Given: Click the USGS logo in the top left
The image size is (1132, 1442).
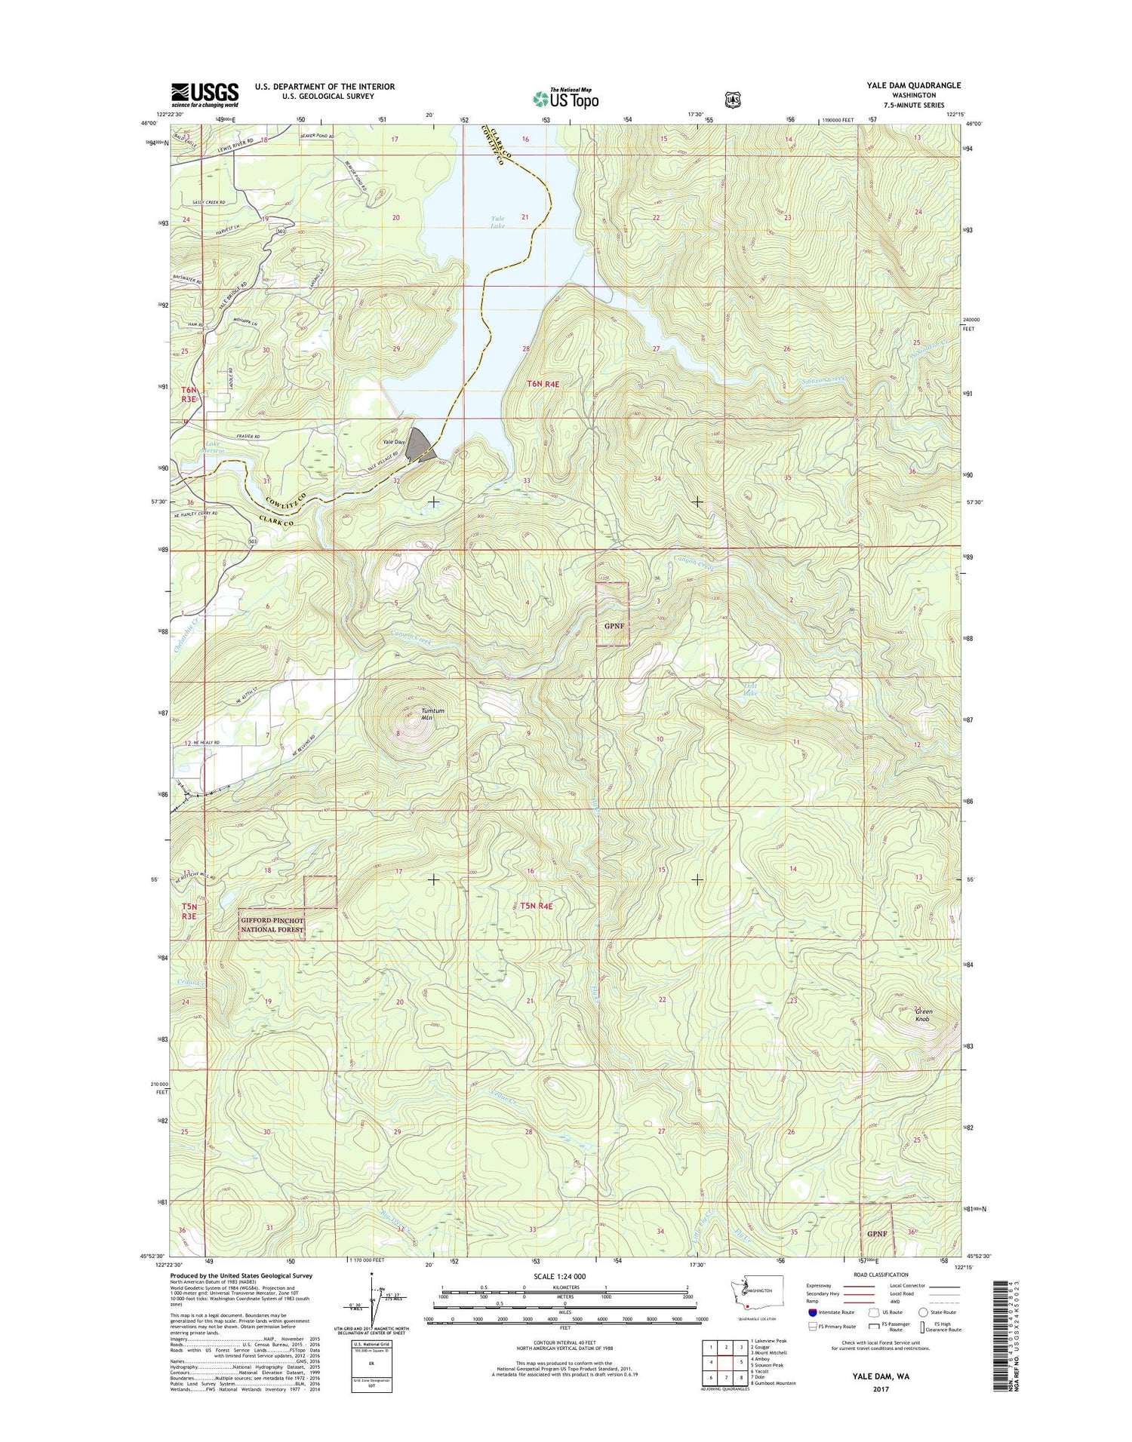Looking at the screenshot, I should coord(205,94).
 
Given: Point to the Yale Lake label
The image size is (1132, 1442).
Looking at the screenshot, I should coord(497,222).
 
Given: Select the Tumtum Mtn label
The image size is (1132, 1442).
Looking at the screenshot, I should coord(432,713).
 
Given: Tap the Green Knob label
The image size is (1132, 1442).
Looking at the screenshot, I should coord(923,1015).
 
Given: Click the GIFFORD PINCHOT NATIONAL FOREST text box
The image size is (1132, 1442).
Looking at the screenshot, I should coord(272,925).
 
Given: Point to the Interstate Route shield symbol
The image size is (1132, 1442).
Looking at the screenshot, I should coord(812,1312).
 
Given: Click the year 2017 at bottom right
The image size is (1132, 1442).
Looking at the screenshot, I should coord(881,1389).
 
